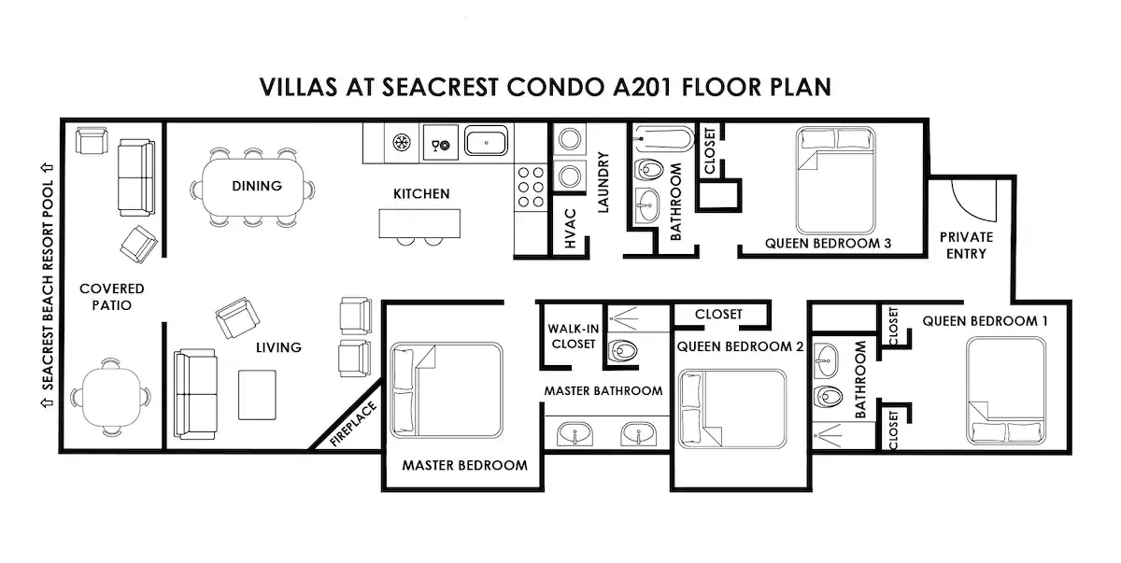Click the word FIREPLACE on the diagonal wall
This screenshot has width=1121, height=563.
pyautogui.click(x=353, y=424)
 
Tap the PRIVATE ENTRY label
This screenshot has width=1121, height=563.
pyautogui.click(x=966, y=245)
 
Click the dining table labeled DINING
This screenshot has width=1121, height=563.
pyautogui.click(x=253, y=187)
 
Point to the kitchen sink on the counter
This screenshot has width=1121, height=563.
pyautogui.click(x=486, y=141)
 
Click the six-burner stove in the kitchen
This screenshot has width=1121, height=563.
pyautogui.click(x=531, y=188)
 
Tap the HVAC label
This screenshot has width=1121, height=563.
pyautogui.click(x=570, y=229)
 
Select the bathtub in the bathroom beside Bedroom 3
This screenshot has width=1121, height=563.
pyautogui.click(x=664, y=138)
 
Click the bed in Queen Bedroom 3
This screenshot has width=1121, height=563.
pyautogui.click(x=836, y=180)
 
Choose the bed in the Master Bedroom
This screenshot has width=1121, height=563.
pyautogui.click(x=446, y=390)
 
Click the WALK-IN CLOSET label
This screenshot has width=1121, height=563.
pyautogui.click(x=574, y=336)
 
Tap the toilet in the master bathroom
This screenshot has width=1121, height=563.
pyautogui.click(x=622, y=351)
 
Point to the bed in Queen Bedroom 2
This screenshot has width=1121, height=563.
pyautogui.click(x=731, y=409)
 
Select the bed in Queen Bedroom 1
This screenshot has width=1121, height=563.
pyautogui.click(x=1006, y=391)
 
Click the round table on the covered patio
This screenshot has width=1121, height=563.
pyautogui.click(x=110, y=397)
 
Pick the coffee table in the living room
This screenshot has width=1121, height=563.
pyautogui.click(x=257, y=395)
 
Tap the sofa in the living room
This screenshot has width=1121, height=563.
pyautogui.click(x=195, y=395)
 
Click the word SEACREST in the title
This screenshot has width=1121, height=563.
pyautogui.click(x=440, y=87)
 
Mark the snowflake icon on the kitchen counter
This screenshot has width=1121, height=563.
pyautogui.click(x=401, y=143)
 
